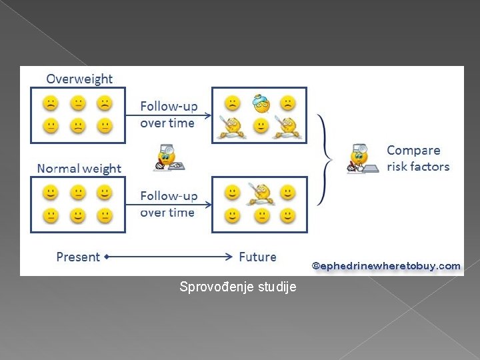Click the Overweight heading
pos(79,79)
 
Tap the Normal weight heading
pos(79,169)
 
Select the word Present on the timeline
pos(78,257)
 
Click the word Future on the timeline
pos(257,257)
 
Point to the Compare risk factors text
pos(418,159)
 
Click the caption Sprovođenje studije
pos(238,287)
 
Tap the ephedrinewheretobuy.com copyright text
pos(386,266)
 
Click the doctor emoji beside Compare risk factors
pos(360,158)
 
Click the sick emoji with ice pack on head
pos(260,103)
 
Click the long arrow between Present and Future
pos(170,256)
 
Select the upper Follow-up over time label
pos(168,115)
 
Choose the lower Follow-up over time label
pos(168,204)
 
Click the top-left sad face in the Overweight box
pos(51,103)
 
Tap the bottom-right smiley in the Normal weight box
pos(103,215)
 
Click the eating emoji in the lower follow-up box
pos(260,193)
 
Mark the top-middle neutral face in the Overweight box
pos(78,103)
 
